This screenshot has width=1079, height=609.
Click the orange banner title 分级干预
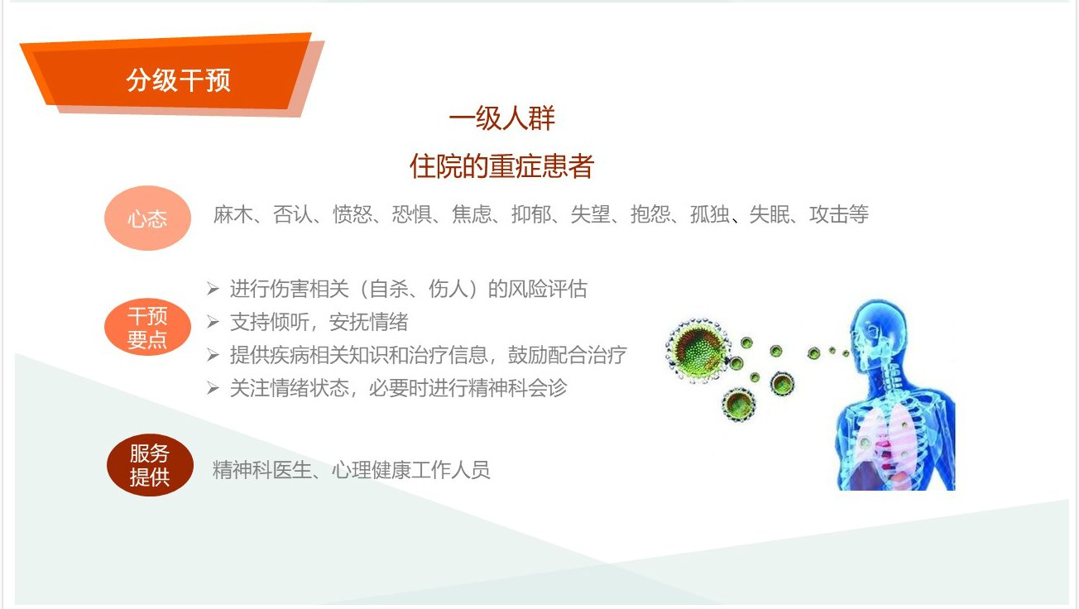(x=178, y=80)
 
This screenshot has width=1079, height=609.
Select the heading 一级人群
(x=502, y=118)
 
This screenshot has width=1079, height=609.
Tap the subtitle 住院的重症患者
(x=501, y=166)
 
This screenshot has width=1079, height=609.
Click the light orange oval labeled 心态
(x=147, y=218)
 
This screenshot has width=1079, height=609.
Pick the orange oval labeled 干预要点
(x=147, y=328)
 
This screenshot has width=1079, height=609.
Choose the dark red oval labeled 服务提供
(x=150, y=465)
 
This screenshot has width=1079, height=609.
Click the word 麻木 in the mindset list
(x=233, y=214)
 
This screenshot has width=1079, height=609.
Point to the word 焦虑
(x=472, y=214)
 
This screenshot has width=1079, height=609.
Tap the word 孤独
(x=709, y=214)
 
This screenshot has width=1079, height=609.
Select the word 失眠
(x=770, y=214)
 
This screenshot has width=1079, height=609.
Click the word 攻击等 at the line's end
(x=839, y=214)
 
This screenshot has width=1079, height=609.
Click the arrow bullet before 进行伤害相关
(x=213, y=289)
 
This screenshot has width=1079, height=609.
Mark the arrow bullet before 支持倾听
(x=213, y=322)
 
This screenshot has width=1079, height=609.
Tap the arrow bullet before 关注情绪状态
(x=213, y=388)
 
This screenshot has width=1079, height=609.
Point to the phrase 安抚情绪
(x=369, y=322)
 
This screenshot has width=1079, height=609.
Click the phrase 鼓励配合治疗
(x=567, y=355)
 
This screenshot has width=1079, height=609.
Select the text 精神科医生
(x=261, y=470)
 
